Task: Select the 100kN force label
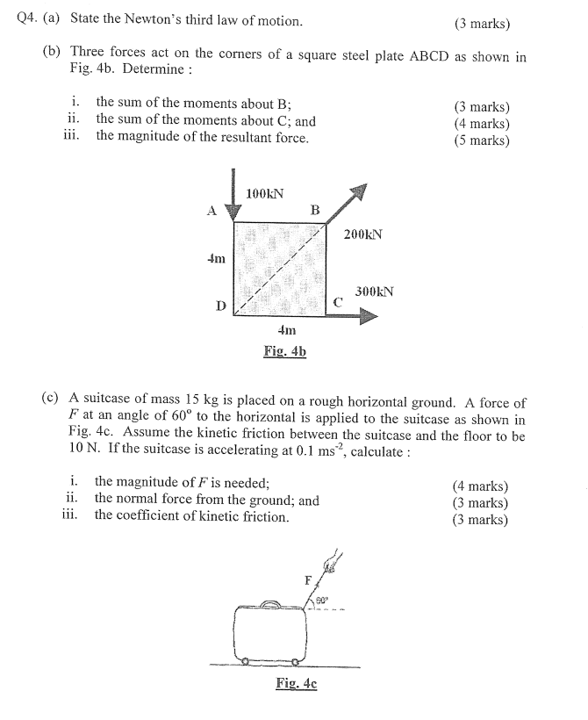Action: (264, 193)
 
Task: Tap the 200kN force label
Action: (363, 234)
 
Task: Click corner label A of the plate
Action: (210, 211)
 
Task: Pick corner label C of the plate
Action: (337, 302)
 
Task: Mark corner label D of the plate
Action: (221, 306)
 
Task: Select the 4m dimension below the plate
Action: (286, 331)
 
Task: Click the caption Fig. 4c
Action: (296, 683)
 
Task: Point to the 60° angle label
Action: (320, 601)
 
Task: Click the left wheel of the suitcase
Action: (247, 661)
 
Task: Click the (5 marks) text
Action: (481, 139)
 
